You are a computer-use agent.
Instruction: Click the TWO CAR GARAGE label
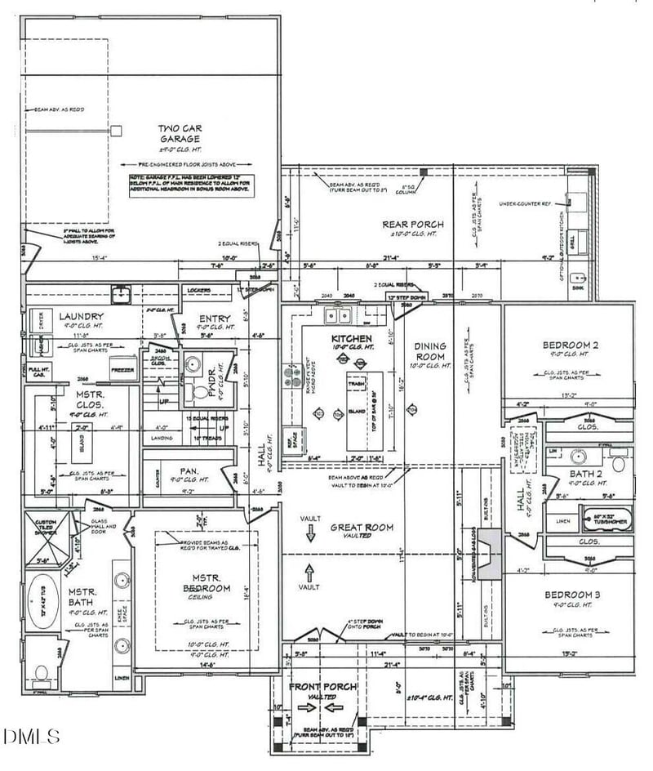tap(180, 134)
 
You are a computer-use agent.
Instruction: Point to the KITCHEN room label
tap(351, 338)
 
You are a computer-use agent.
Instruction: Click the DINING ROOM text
tap(430, 351)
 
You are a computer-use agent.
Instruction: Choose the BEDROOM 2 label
tap(571, 345)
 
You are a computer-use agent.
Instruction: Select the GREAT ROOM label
tap(362, 528)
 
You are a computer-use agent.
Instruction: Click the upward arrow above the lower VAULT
tap(310, 570)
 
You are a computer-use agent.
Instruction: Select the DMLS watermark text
tap(31, 736)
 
